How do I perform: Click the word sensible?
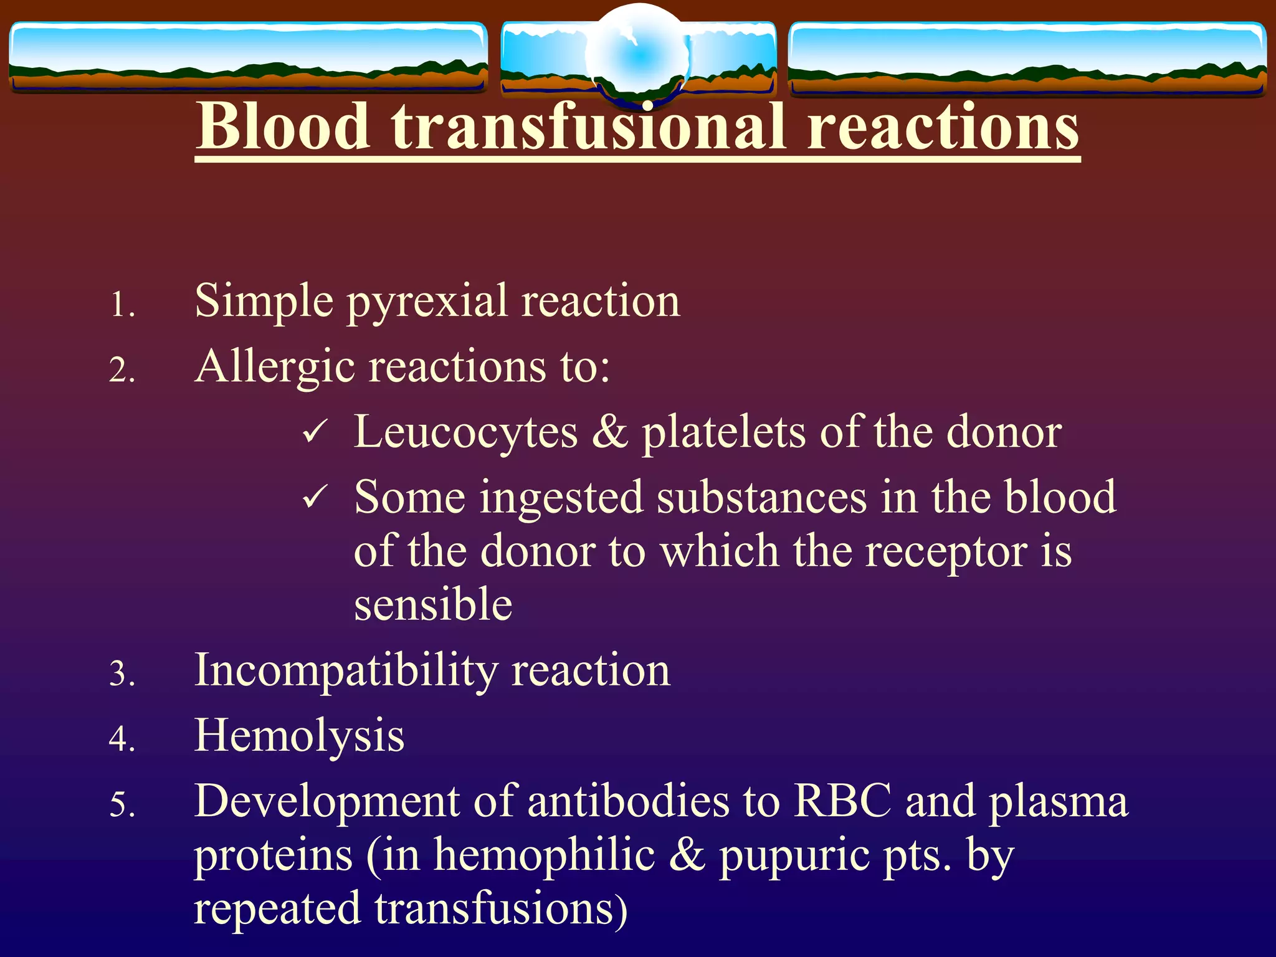[x=433, y=604]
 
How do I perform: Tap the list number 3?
[x=122, y=674]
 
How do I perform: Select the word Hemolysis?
[x=299, y=735]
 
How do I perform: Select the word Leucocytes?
[x=466, y=432]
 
